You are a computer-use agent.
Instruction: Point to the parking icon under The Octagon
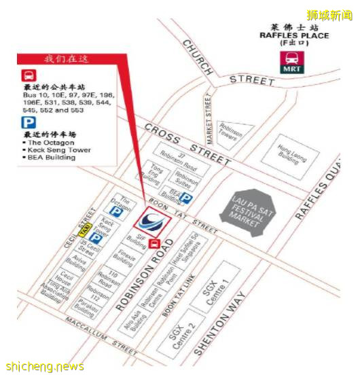pos(118,211)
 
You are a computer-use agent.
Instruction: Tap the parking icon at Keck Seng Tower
pos(96,238)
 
